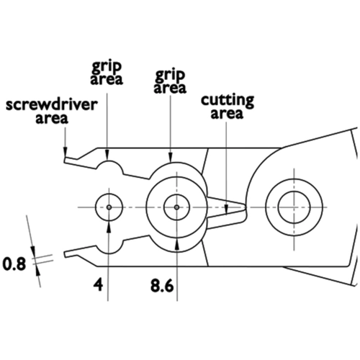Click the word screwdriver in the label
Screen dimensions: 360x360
[52, 105]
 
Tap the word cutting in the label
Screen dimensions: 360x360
[228, 101]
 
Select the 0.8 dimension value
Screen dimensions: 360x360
[14, 264]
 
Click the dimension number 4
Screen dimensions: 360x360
[99, 285]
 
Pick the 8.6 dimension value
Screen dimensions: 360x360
[162, 286]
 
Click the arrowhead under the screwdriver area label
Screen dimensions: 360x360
[65, 151]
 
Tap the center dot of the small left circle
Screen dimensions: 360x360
[109, 207]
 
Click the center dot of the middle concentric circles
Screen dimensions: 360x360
[177, 207]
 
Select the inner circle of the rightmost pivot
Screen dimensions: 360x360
[294, 192]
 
